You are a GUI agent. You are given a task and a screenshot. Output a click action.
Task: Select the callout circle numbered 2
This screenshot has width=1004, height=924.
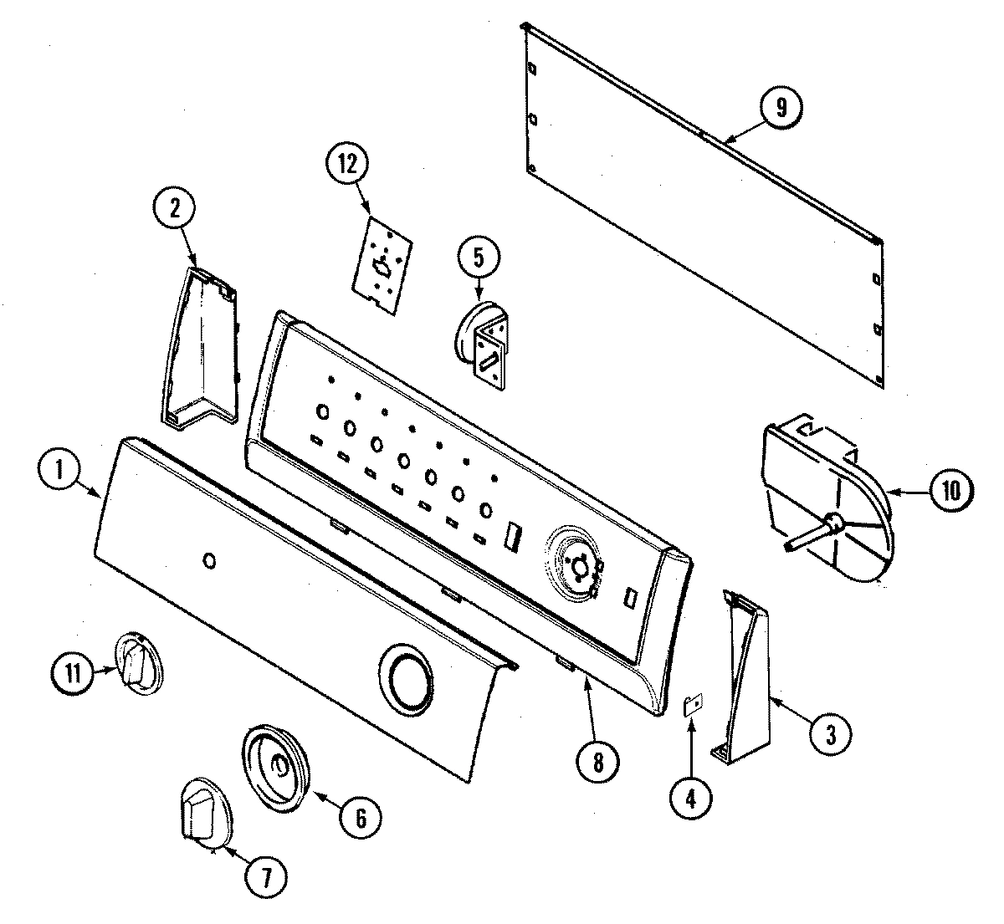point(175,209)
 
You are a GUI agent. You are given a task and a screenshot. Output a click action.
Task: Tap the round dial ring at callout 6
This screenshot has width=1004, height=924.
point(275,767)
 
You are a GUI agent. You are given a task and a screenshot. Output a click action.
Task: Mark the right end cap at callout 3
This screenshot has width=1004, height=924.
point(745,677)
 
